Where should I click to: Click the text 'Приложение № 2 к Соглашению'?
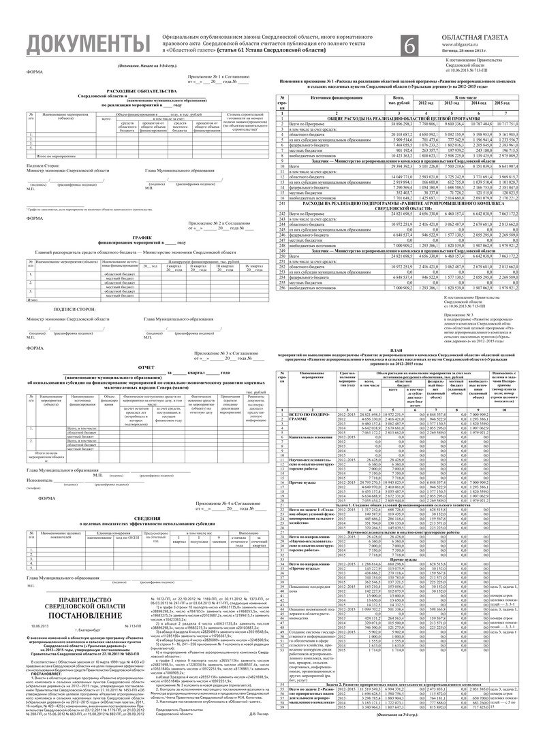pyautogui.click(x=212, y=223)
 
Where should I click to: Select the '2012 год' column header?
pyautogui.click(x=425, y=102)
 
